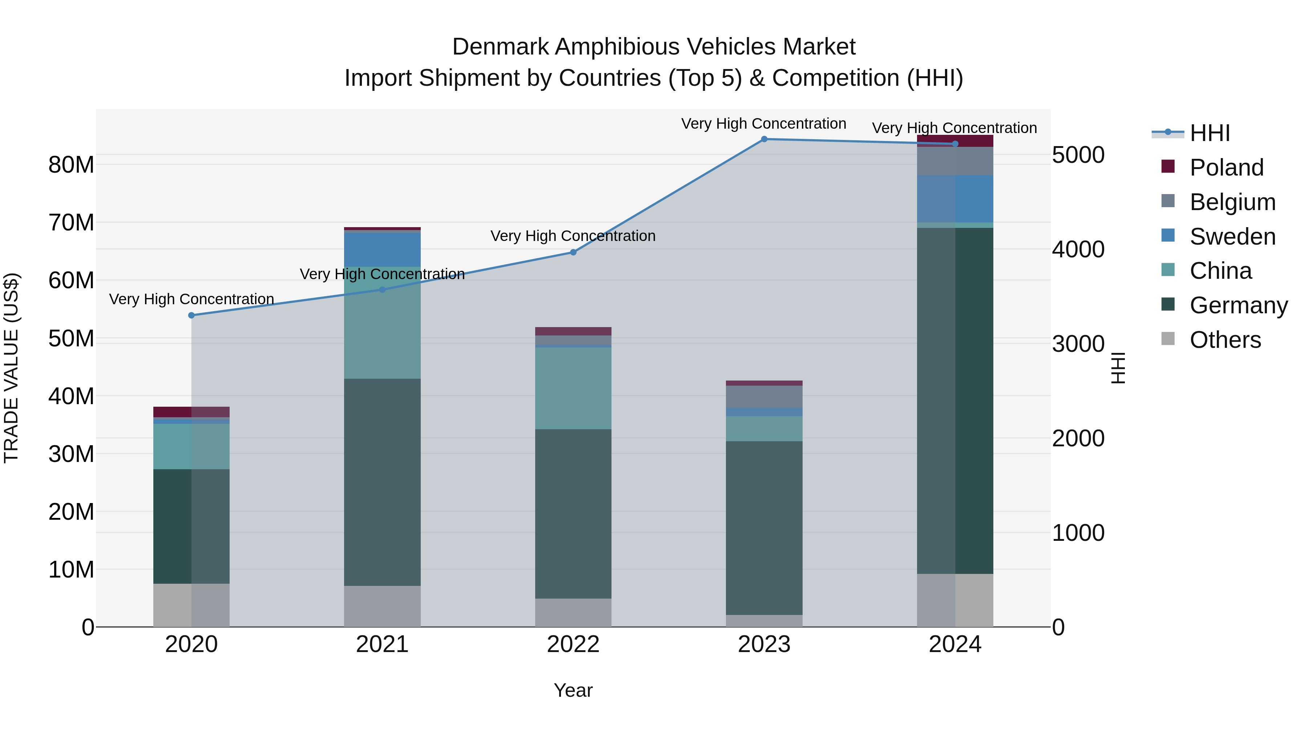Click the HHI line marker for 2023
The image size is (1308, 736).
click(764, 139)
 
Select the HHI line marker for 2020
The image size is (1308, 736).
click(191, 315)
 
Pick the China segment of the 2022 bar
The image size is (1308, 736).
click(573, 388)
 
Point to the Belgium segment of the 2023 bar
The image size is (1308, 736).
click(764, 396)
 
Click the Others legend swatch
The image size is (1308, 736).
click(1168, 339)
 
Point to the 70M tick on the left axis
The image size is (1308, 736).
click(71, 222)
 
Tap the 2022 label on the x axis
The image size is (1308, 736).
click(573, 644)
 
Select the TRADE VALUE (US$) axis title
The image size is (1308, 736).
click(11, 368)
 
